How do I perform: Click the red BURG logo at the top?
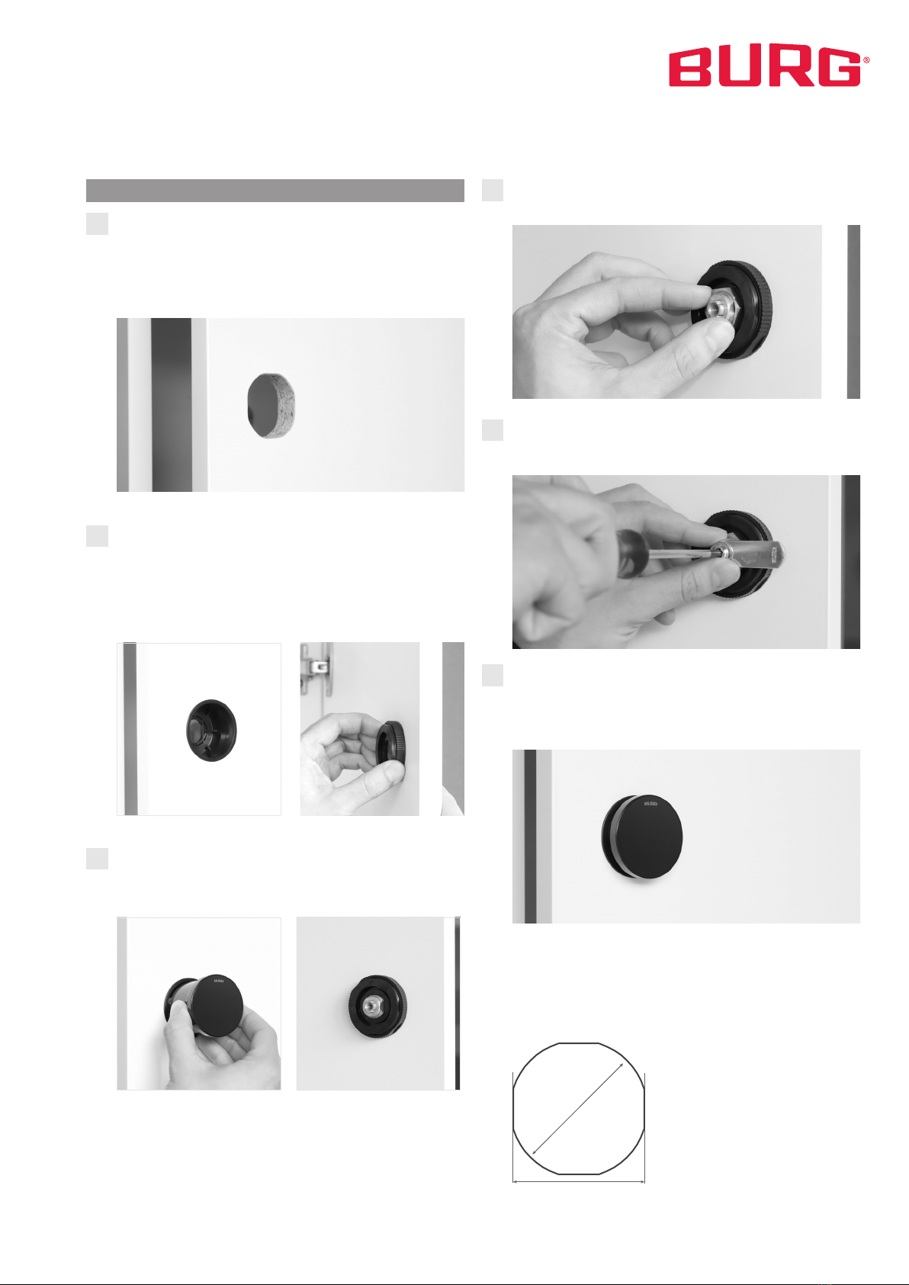tap(769, 68)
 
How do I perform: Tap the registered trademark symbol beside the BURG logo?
tap(866, 59)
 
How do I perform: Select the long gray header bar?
tap(275, 191)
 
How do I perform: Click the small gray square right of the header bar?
tap(492, 191)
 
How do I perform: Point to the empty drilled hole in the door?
tap(271, 406)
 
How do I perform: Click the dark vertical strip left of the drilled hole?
tap(172, 404)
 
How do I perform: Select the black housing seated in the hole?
tap(211, 731)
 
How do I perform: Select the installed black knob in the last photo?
tap(642, 837)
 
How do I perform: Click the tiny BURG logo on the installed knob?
tap(650, 803)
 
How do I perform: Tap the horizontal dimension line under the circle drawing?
tap(579, 1181)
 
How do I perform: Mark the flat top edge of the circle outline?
tap(579, 1043)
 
